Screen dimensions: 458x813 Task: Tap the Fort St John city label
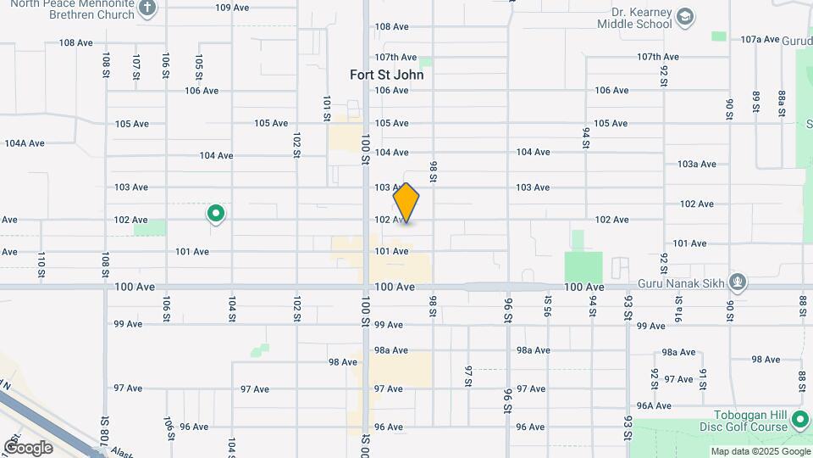coord(386,75)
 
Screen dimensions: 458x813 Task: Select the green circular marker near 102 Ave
coord(216,214)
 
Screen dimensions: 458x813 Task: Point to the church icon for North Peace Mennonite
coord(148,8)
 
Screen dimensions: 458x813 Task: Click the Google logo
coord(28,447)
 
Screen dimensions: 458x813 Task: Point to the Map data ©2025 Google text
coord(760,451)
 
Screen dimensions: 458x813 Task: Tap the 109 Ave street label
coord(232,8)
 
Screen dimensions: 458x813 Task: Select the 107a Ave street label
coord(759,40)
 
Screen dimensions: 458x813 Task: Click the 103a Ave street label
coord(697,165)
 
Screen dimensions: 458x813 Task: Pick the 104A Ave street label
coord(25,143)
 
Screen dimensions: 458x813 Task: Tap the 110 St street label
coord(41,265)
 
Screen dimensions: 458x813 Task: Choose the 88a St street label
coord(783,102)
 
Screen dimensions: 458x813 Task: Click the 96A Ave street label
coord(654,406)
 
